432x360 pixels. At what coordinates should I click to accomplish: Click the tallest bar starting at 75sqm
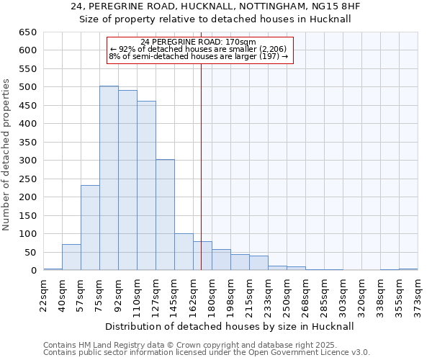109,178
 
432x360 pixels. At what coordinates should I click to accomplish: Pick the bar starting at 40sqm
71,257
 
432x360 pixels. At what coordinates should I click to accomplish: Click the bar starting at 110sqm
146,185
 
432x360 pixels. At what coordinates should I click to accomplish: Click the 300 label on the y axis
27,161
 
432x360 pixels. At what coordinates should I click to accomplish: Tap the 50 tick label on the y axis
30,253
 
